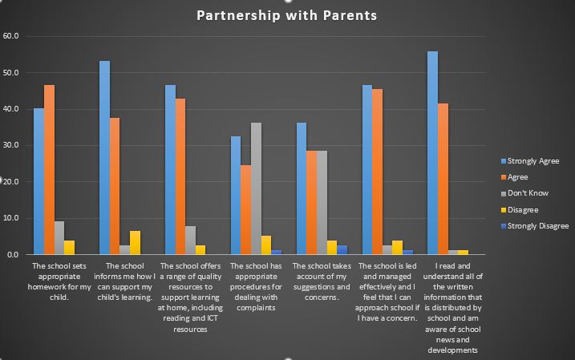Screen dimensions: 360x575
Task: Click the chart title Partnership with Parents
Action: click(x=287, y=15)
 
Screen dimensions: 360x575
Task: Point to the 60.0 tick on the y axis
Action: click(x=12, y=36)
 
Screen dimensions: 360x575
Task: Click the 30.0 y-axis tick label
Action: click(x=12, y=145)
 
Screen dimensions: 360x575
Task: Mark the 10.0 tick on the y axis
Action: click(x=12, y=218)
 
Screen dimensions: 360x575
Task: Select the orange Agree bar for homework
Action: click(x=49, y=169)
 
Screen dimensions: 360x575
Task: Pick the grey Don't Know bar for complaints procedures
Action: click(x=256, y=188)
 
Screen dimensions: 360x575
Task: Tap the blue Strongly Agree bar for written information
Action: click(x=432, y=152)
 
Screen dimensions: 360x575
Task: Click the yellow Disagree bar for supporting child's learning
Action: click(x=135, y=242)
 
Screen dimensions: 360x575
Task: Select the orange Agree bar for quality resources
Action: click(x=180, y=176)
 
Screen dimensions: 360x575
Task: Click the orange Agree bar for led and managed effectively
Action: click(x=378, y=172)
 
